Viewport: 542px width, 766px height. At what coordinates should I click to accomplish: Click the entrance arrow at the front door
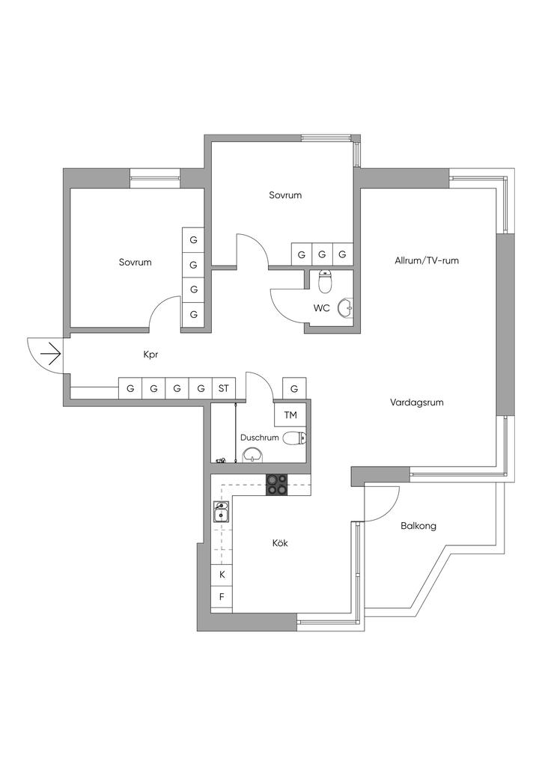click(x=52, y=353)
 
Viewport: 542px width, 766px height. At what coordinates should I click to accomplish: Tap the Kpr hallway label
click(x=150, y=355)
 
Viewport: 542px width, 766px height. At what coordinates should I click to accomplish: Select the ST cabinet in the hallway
click(x=224, y=389)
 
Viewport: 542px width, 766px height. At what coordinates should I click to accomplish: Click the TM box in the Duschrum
click(x=290, y=415)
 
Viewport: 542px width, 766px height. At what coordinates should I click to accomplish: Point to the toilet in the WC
click(x=325, y=281)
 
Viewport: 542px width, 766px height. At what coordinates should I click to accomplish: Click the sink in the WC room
click(x=346, y=307)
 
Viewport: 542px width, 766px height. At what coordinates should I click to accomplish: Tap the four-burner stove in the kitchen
click(x=277, y=485)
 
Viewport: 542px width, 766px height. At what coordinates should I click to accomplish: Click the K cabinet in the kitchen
click(x=222, y=574)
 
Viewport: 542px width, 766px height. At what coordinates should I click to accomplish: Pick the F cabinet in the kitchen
click(x=222, y=596)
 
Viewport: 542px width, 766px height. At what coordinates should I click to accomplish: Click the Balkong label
click(x=418, y=526)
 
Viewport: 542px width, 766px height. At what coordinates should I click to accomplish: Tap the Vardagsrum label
click(x=417, y=403)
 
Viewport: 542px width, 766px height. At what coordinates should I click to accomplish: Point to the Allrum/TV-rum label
click(x=427, y=260)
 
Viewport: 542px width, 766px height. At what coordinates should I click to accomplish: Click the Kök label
click(x=280, y=543)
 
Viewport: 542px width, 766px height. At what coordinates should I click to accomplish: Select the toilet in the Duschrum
click(x=295, y=438)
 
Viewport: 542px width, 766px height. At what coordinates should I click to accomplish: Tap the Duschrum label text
click(x=260, y=438)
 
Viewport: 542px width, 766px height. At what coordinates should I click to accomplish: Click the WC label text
click(x=322, y=308)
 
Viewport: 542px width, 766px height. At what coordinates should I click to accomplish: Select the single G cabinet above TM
click(x=294, y=389)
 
